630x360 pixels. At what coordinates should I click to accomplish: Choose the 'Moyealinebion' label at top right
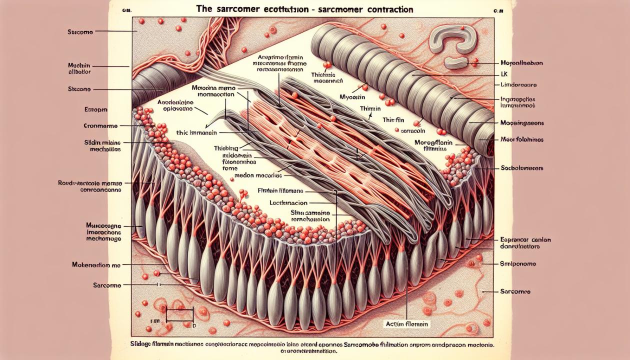[x=521, y=63]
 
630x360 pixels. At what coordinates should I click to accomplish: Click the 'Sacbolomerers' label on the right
[x=522, y=168]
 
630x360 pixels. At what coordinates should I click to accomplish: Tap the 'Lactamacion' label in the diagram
[x=288, y=203]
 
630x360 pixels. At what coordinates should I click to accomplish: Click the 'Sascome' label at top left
[x=80, y=31]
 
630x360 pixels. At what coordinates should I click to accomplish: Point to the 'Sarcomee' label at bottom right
[x=515, y=291]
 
